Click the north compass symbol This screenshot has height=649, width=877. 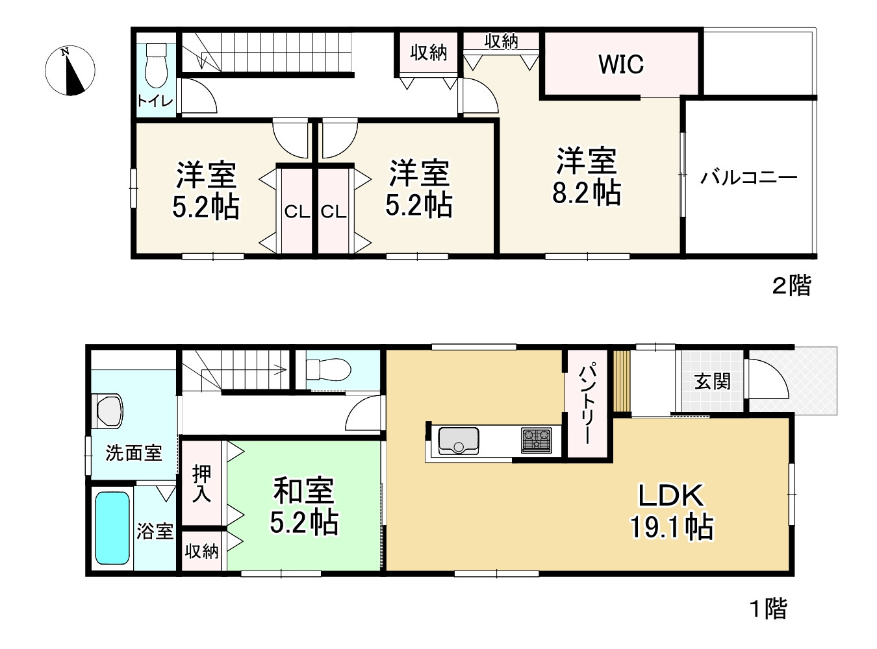[70, 70]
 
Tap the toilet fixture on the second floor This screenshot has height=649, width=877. [156, 65]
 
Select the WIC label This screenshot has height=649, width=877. [621, 64]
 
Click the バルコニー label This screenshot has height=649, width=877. [749, 178]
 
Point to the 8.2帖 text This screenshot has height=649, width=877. [587, 193]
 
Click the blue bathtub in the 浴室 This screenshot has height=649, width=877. [112, 528]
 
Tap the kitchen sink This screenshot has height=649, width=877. [459, 441]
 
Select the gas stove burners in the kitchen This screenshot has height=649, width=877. [537, 441]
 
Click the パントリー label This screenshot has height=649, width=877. [587, 404]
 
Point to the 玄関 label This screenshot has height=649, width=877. [712, 382]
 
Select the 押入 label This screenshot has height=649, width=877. [201, 484]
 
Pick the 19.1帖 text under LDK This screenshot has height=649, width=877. [671, 527]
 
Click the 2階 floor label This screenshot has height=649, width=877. [792, 285]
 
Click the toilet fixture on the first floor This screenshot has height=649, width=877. [329, 370]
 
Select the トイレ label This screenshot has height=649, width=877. [155, 101]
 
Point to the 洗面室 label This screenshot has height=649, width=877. [134, 453]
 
